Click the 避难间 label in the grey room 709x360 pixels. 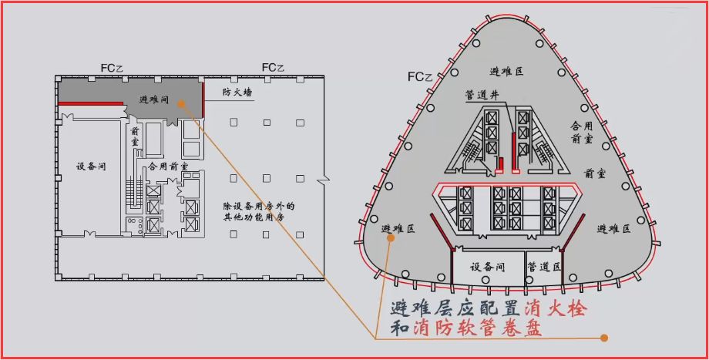[155, 99]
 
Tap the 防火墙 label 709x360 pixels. [237, 92]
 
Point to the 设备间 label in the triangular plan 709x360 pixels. [487, 266]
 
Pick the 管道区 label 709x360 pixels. [543, 266]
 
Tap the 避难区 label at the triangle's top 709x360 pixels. [507, 71]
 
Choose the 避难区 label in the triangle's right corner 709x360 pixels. [613, 229]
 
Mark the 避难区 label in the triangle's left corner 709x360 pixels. [398, 229]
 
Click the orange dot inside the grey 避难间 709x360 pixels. [179, 100]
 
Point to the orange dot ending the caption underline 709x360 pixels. [604, 338]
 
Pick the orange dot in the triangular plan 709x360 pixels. [391, 238]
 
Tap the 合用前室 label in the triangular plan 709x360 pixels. [581, 131]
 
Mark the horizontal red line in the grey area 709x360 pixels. [92, 103]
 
